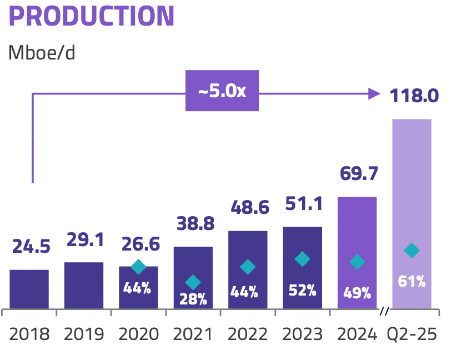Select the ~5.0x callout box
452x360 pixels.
(x=222, y=91)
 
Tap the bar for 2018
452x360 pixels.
(x=29, y=289)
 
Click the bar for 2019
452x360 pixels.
(x=84, y=286)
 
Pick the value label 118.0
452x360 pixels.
(x=413, y=95)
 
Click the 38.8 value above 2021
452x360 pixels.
(x=193, y=224)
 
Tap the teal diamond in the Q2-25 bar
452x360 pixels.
(x=411, y=251)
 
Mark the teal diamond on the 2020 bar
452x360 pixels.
(x=138, y=267)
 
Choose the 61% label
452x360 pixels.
(x=411, y=281)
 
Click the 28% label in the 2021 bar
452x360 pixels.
(x=193, y=299)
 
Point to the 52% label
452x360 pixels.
(x=302, y=289)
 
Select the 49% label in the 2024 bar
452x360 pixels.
(x=357, y=293)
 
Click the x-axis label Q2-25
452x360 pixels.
(x=411, y=334)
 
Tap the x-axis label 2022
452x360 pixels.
(x=247, y=334)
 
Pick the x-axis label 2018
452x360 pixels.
(x=29, y=334)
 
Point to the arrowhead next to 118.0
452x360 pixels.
(x=374, y=94)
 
